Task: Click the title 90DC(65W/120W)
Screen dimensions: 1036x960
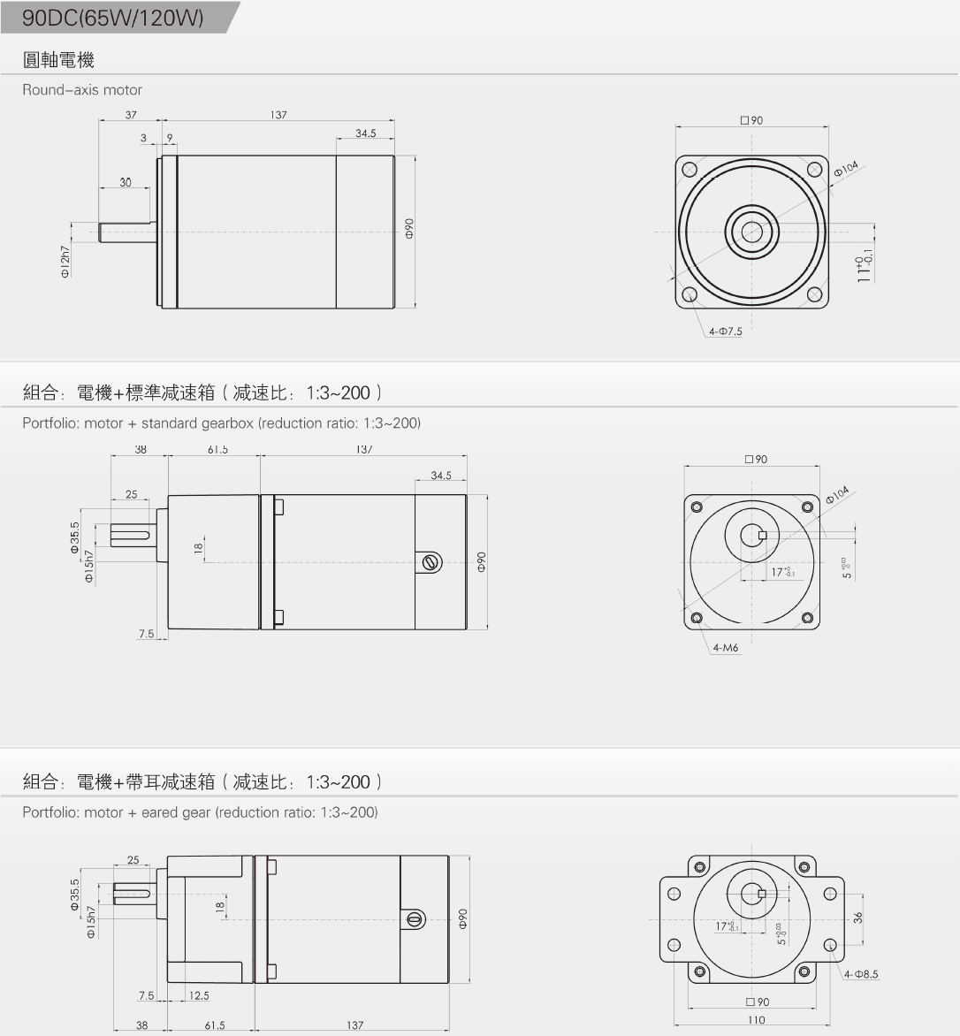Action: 112,18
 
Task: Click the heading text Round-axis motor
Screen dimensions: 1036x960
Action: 81,89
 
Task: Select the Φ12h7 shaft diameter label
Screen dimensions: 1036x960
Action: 65,263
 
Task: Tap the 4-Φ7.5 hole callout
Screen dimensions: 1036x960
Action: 725,331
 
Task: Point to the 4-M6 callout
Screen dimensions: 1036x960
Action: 725,648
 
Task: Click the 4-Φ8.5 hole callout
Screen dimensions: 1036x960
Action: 861,974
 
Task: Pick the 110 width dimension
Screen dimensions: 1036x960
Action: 756,1020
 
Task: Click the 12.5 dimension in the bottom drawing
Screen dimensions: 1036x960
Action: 199,995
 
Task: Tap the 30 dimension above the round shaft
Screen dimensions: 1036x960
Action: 126,182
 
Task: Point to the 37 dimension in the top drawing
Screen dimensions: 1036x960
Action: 131,115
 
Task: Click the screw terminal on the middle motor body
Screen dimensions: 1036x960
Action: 430,561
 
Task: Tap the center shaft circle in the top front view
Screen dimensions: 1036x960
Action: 752,232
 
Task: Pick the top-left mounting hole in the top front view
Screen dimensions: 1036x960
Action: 690,170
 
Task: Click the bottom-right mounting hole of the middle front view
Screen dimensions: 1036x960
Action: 807,618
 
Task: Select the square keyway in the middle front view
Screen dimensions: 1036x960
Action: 762,534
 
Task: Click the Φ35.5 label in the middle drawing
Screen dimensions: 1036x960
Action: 75,537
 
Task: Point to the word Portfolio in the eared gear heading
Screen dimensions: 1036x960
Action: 50,812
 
